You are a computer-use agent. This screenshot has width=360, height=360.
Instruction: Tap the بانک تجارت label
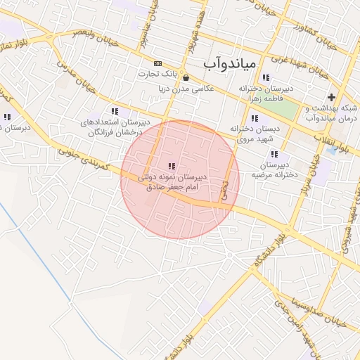pyautogui.click(x=155, y=73)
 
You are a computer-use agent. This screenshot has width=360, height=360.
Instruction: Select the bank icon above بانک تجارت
pyautogui.click(x=157, y=63)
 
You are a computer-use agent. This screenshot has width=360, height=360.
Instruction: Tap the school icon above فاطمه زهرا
pyautogui.click(x=266, y=78)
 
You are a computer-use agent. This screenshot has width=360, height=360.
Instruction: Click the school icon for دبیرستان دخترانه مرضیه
pyautogui.click(x=274, y=154)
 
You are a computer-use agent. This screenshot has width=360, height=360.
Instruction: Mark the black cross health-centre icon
pyautogui.click(x=332, y=97)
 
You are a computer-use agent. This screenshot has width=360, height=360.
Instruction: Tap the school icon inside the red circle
pyautogui.click(x=172, y=166)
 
